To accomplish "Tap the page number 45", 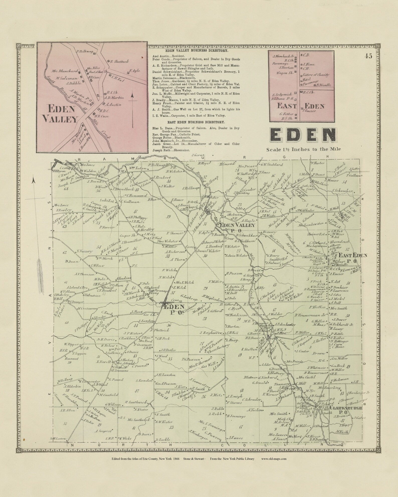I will pyautogui.click(x=368, y=56).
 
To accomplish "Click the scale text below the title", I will pyautogui.click(x=304, y=149).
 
